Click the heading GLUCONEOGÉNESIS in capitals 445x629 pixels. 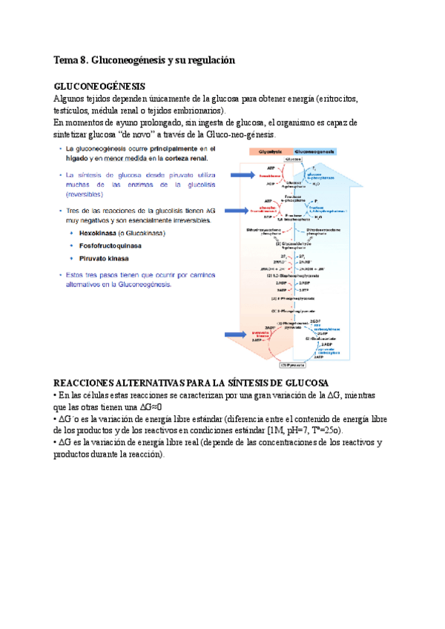pos(99,87)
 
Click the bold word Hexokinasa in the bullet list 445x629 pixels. pos(93,233)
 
